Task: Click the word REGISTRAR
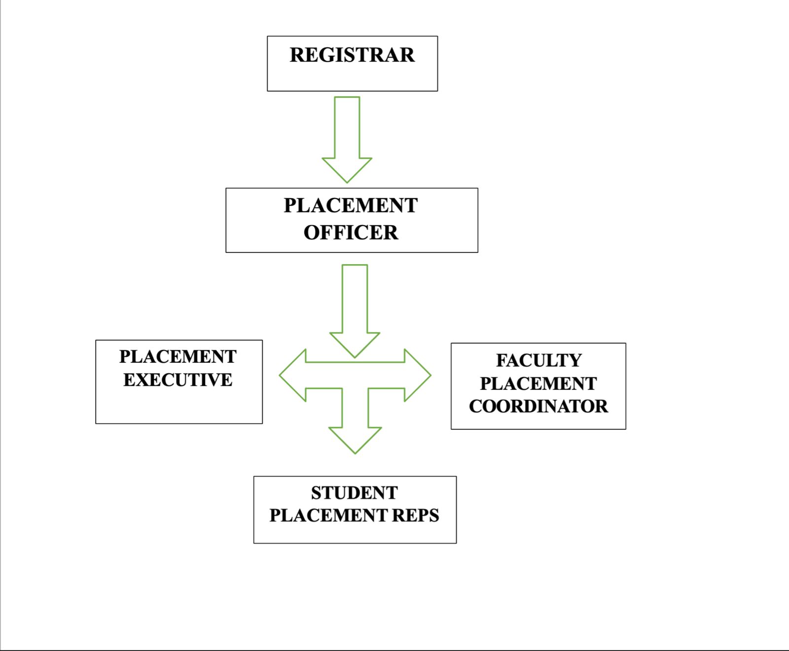(x=352, y=55)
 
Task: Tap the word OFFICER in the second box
(x=351, y=233)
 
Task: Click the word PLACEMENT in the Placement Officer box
(x=351, y=206)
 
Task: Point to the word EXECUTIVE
(x=178, y=380)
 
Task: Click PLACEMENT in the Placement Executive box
(x=178, y=357)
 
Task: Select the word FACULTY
(x=538, y=360)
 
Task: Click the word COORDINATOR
(x=538, y=407)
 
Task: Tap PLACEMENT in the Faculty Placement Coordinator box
(x=538, y=383)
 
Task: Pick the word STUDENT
(x=354, y=493)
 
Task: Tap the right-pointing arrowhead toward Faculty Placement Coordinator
(x=416, y=376)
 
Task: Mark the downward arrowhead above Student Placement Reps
(x=355, y=438)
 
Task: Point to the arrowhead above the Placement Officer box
(x=347, y=169)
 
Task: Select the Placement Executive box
(x=179, y=404)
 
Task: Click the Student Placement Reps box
(x=355, y=532)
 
